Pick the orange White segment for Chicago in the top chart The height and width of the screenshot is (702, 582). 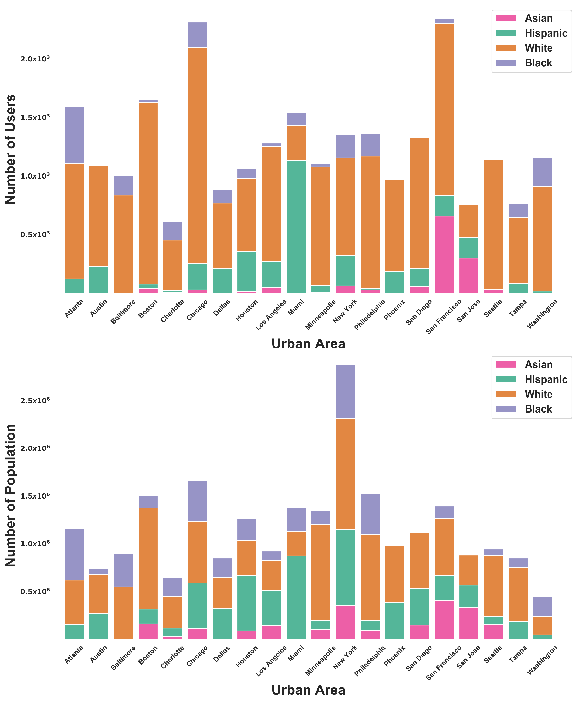(197, 155)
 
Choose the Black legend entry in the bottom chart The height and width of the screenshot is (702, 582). (538, 409)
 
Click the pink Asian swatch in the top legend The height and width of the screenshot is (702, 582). (506, 18)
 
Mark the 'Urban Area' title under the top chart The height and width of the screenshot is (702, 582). (308, 344)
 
